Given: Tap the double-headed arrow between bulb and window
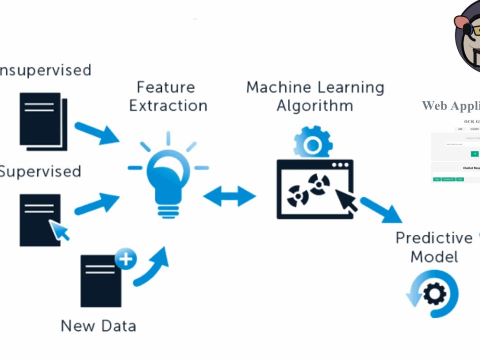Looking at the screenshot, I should pyautogui.click(x=229, y=196).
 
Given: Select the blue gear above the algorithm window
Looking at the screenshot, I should pyautogui.click(x=313, y=142).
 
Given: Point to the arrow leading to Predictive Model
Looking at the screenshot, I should pyautogui.click(x=382, y=210).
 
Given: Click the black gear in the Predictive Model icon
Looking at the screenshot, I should pyautogui.click(x=434, y=293).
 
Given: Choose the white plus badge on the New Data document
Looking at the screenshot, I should pyautogui.click(x=126, y=259).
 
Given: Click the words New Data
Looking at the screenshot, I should pyautogui.click(x=98, y=326).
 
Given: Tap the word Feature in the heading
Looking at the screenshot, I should pyautogui.click(x=166, y=87).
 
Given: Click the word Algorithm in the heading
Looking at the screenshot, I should pyautogui.click(x=315, y=106).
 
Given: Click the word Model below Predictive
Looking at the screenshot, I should pyautogui.click(x=434, y=257).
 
